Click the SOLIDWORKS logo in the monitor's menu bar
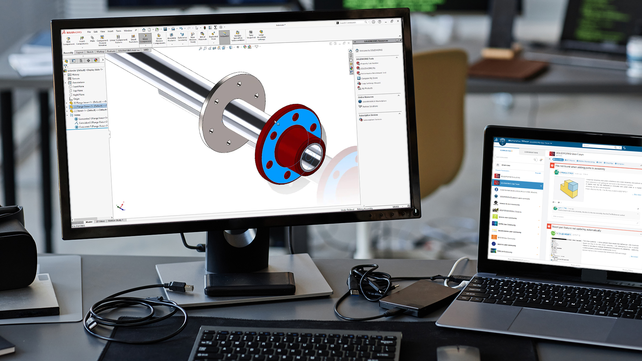(72, 32)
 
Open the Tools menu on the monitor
(118, 31)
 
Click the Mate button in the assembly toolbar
(92, 39)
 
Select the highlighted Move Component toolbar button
(145, 38)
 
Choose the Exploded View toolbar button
(213, 36)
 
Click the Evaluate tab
(111, 51)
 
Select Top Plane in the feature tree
(78, 91)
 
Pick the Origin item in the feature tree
(76, 99)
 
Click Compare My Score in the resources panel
(369, 78)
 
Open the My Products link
(367, 88)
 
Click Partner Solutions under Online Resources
(370, 106)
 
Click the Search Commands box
(351, 23)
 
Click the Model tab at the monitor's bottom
(89, 222)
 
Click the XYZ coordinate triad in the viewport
(121, 207)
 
